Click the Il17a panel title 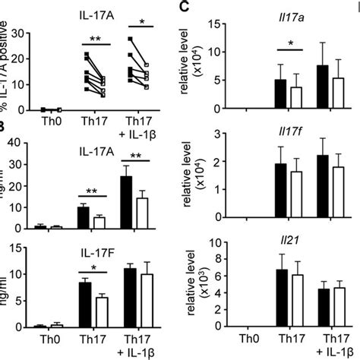286,11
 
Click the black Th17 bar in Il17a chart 280,94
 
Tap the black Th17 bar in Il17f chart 280,191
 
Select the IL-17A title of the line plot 92,13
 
